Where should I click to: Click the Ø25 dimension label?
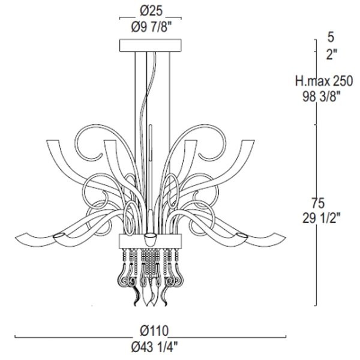click(x=151, y=11)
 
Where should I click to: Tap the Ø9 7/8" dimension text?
click(x=151, y=28)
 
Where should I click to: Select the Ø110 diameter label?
click(x=154, y=331)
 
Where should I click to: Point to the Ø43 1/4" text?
click(x=154, y=347)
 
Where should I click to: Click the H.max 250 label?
click(x=324, y=81)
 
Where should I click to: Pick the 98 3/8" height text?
click(x=321, y=97)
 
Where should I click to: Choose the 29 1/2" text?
click(x=321, y=218)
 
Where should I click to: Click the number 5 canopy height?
click(x=331, y=37)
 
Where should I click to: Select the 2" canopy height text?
click(x=332, y=55)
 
